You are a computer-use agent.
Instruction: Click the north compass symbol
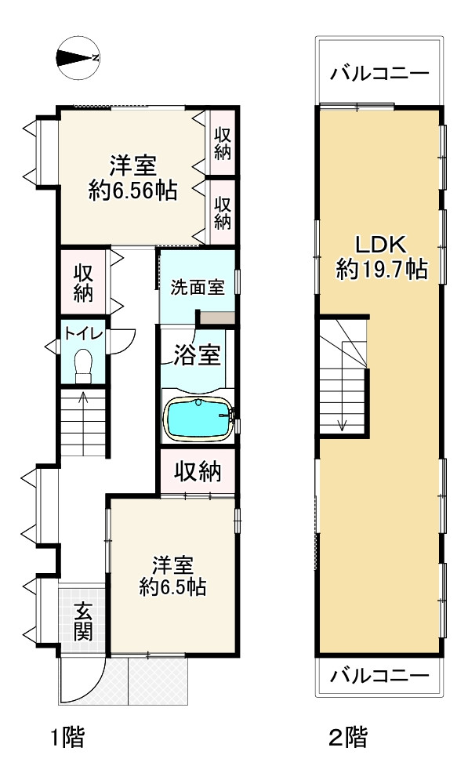[77, 57]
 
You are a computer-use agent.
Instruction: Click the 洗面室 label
[198, 287]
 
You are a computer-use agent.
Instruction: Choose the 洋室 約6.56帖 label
[132, 178]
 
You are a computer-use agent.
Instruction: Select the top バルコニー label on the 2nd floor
[379, 74]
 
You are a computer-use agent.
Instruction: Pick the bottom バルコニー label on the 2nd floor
[379, 676]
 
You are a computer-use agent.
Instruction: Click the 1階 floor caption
[67, 738]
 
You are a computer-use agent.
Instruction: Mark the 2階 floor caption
[346, 738]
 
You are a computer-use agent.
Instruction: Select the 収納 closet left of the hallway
[83, 283]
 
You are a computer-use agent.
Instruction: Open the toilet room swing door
[124, 338]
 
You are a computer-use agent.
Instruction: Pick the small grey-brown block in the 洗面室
[216, 318]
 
